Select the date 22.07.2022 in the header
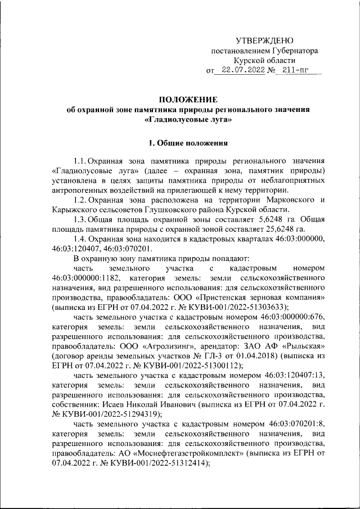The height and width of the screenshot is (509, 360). pyautogui.click(x=244, y=71)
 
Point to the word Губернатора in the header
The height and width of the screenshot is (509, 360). pyautogui.click(x=295, y=51)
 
